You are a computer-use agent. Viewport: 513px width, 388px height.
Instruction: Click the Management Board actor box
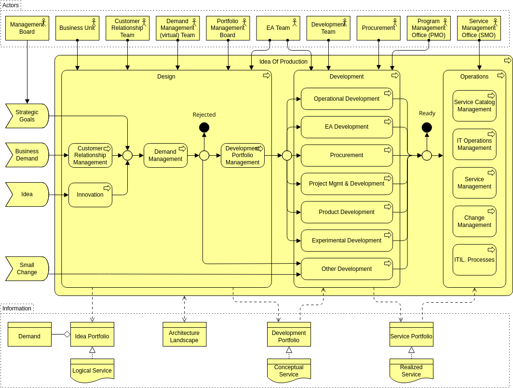pyautogui.click(x=27, y=28)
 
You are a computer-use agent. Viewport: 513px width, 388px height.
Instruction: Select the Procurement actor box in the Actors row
pyautogui.click(x=378, y=28)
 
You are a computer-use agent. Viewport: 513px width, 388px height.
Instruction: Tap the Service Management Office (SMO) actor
pyautogui.click(x=479, y=28)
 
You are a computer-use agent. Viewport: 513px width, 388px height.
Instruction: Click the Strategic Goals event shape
pyautogui.click(x=27, y=116)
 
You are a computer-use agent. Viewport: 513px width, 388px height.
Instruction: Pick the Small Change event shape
pyautogui.click(x=27, y=268)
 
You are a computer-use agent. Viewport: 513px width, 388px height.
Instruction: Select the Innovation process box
pyautogui.click(x=90, y=195)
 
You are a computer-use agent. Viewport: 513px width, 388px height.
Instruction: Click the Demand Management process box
pyautogui.click(x=165, y=155)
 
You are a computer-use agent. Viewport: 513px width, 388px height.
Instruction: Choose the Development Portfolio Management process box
pyautogui.click(x=243, y=155)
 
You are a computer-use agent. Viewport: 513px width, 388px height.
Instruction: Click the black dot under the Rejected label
pyautogui.click(x=204, y=127)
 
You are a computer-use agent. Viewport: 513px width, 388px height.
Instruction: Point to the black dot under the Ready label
pyautogui.click(x=427, y=127)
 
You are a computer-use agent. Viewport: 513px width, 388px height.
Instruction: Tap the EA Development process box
pyautogui.click(x=347, y=127)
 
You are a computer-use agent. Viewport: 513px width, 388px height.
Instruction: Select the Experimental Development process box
pyautogui.click(x=347, y=241)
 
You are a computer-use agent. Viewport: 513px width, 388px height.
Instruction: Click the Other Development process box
pyautogui.click(x=347, y=269)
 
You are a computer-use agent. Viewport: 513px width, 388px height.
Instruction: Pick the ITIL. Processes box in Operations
pyautogui.click(x=474, y=260)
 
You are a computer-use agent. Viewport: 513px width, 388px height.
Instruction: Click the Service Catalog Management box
pyautogui.click(x=474, y=106)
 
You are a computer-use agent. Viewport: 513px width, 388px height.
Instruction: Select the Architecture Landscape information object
pyautogui.click(x=184, y=336)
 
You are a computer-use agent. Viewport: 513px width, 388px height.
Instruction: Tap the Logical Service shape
pyautogui.click(x=92, y=371)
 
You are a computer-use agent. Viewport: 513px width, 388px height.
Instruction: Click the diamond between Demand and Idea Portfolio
pyautogui.click(x=67, y=334)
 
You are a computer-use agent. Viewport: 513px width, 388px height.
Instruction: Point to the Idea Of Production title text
pyautogui.click(x=283, y=62)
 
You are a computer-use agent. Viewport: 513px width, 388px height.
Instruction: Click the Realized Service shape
pyautogui.click(x=411, y=371)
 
